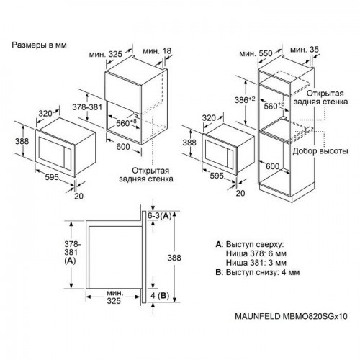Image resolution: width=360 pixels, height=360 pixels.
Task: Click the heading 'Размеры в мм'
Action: click(x=40, y=45)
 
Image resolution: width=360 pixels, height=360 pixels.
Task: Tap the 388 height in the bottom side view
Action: click(x=189, y=257)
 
